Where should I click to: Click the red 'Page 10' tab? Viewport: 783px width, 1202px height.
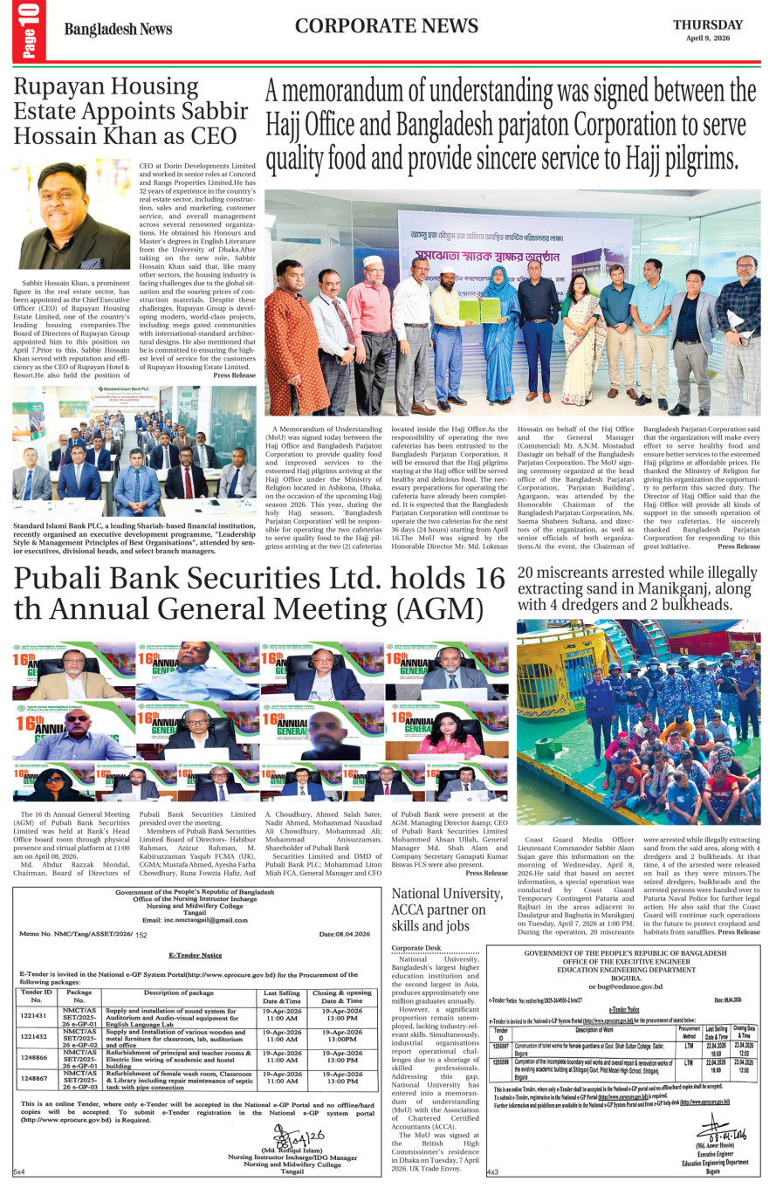29,31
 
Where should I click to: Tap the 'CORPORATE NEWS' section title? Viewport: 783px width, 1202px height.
386,26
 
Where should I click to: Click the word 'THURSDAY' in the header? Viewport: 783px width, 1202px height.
707,24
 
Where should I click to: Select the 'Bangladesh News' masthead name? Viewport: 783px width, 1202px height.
118,30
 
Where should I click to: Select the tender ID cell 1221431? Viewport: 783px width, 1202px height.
34,1016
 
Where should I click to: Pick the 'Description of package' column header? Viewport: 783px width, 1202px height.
178,993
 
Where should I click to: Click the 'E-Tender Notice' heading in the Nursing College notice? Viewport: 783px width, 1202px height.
196,955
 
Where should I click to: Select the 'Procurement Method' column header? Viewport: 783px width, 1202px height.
689,1033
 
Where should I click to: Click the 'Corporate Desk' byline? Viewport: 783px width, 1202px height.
416,948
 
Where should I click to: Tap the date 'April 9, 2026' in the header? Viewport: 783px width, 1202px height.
707,38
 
